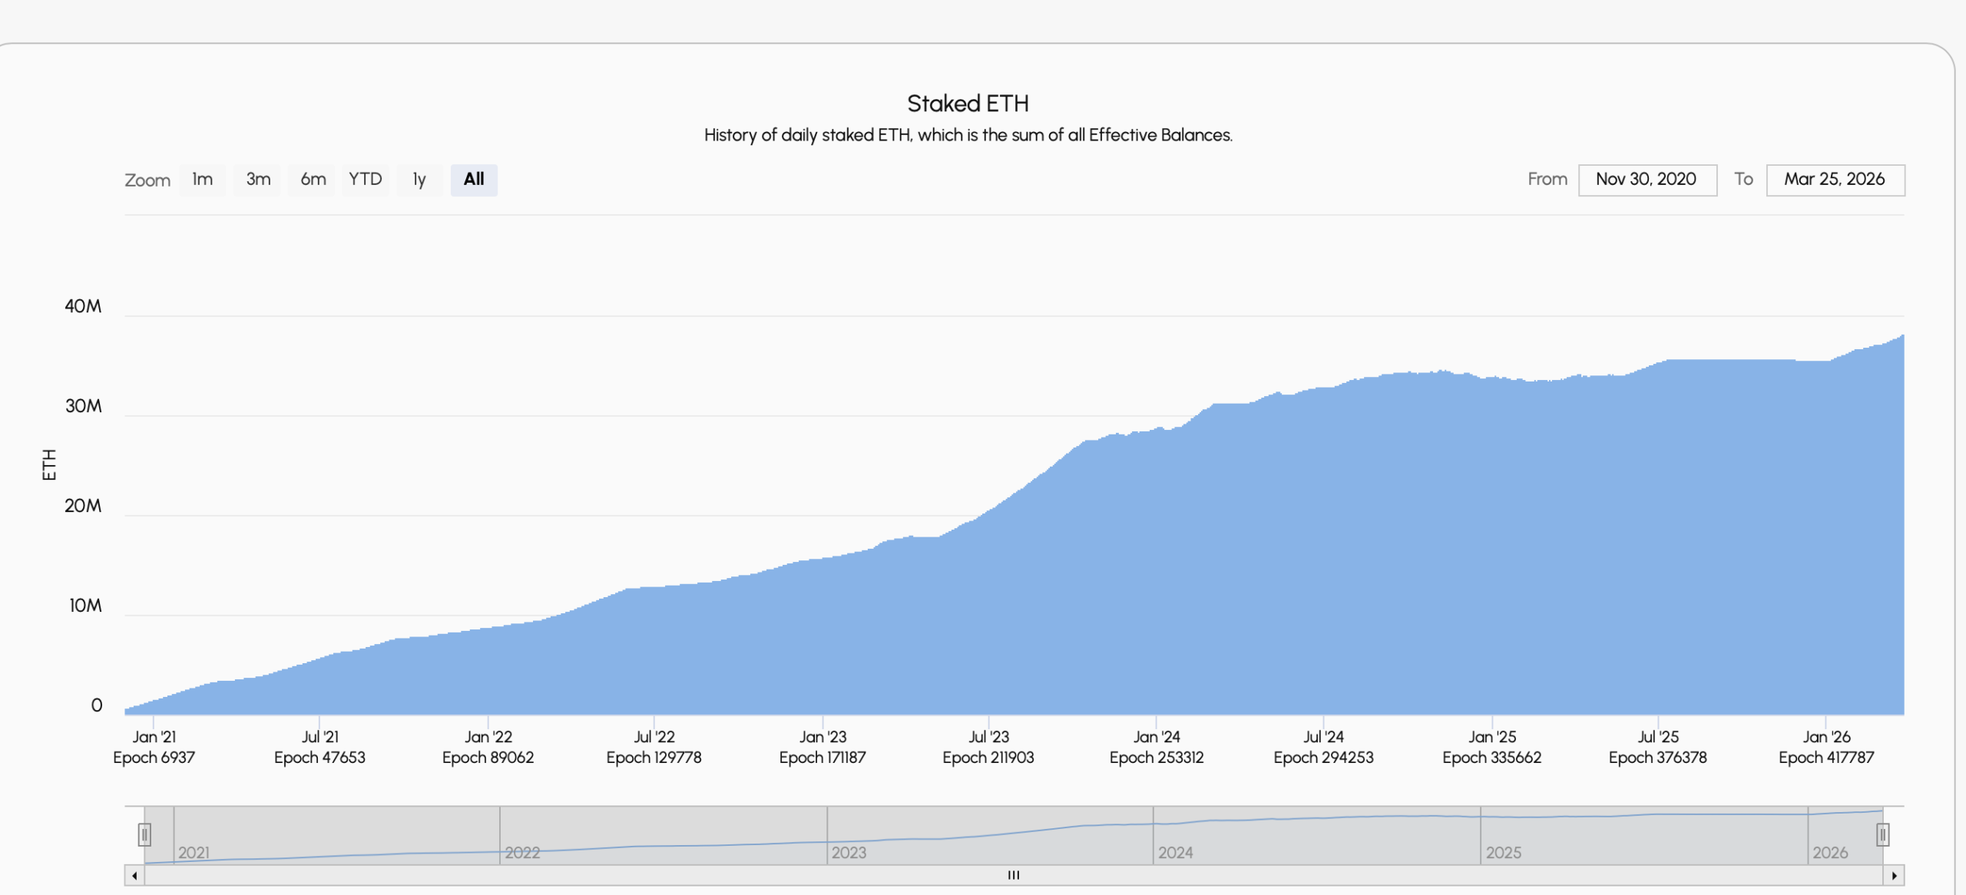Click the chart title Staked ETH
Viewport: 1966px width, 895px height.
968,104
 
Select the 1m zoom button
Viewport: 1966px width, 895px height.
203,180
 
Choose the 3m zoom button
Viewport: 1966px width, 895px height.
259,180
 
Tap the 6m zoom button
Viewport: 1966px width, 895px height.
313,180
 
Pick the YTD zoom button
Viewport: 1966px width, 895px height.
366,180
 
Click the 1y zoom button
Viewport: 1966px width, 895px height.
419,180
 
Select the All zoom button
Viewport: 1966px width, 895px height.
474,180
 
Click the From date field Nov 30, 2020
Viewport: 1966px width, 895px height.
1647,180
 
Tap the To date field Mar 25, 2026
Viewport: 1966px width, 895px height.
1835,180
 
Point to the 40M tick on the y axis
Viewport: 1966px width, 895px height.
83,306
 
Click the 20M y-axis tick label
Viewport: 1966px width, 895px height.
83,506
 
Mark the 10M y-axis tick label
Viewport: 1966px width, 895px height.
85,606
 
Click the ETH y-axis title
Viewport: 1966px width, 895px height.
49,465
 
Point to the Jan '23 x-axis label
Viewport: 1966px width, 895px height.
822,737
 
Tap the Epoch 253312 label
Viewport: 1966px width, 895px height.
1157,758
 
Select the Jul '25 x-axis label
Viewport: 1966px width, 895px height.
1658,737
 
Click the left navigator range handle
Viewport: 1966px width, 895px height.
144,834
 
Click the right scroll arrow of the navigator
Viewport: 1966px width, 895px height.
1895,876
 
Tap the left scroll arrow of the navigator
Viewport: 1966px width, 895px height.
134,876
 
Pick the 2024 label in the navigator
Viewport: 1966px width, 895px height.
1175,853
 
